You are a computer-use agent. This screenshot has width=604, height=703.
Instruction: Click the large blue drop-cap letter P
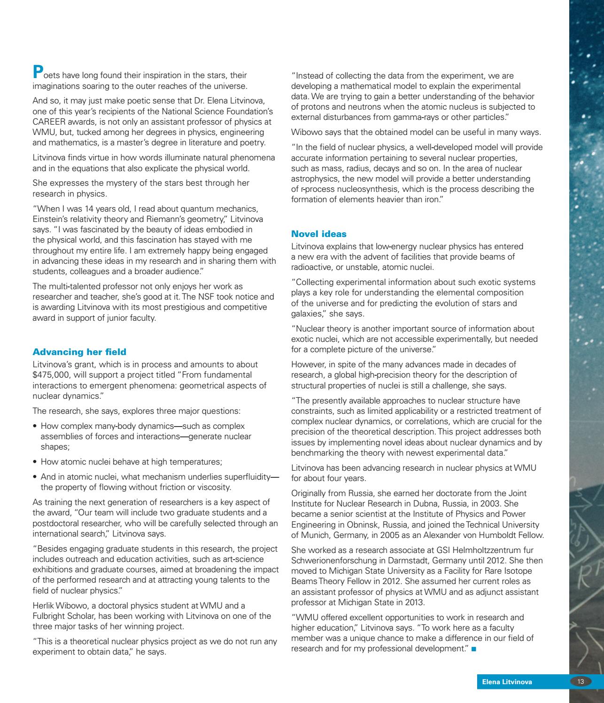click(38, 72)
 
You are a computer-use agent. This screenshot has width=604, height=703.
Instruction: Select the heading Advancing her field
click(79, 352)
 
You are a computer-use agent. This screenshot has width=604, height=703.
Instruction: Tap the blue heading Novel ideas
click(319, 234)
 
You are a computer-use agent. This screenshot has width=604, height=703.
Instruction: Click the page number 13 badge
click(581, 682)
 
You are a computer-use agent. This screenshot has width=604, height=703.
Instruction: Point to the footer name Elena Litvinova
click(504, 682)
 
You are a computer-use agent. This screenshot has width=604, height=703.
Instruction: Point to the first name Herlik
click(43, 606)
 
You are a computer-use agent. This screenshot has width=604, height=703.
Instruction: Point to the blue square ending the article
click(473, 649)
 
